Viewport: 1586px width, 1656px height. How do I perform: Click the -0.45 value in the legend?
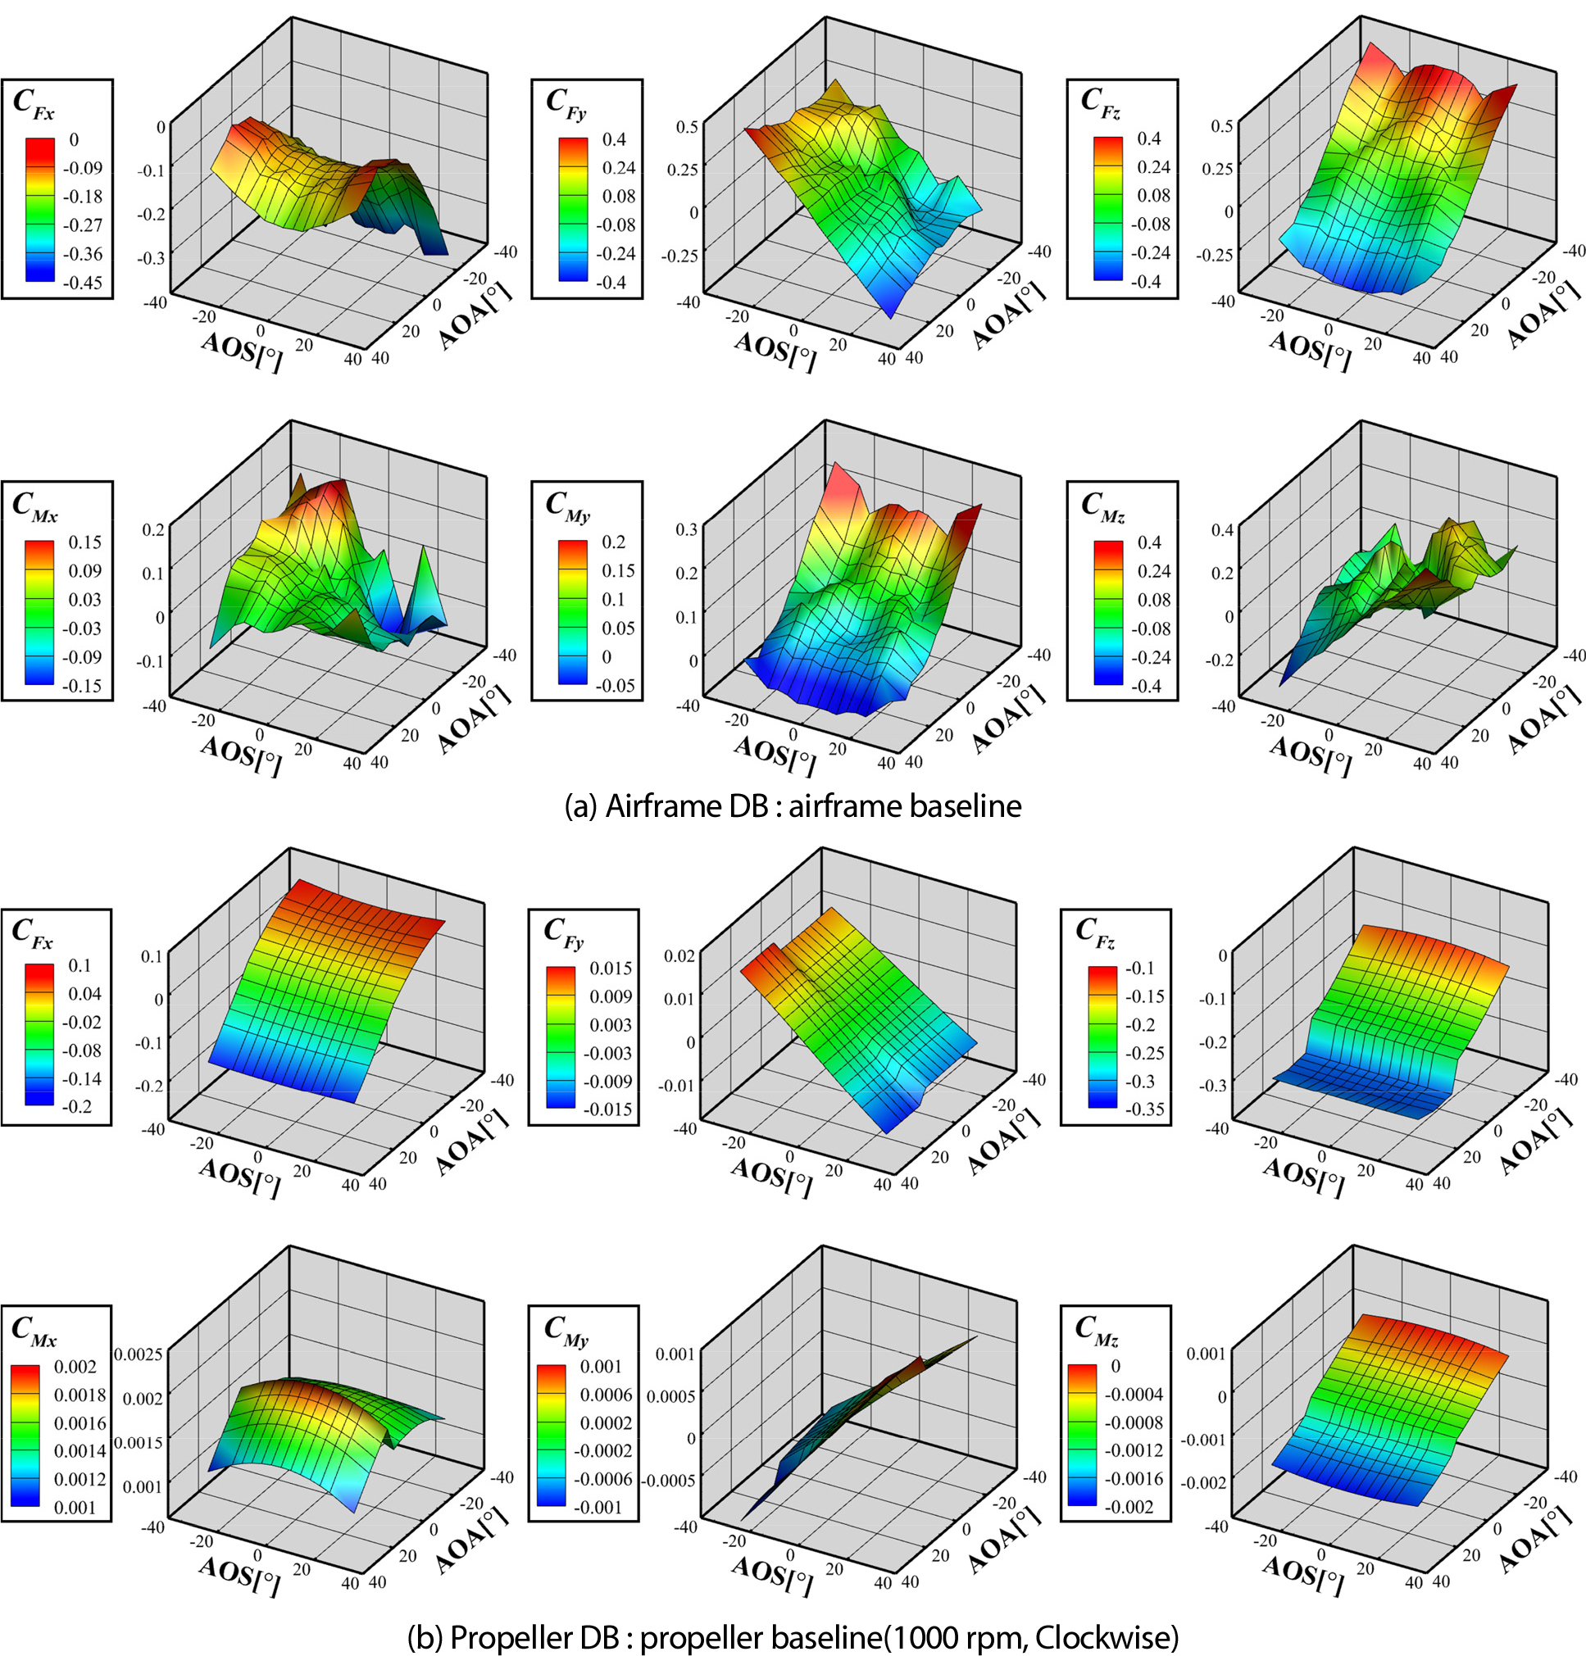pos(83,283)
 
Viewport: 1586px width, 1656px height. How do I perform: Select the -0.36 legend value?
pos(83,254)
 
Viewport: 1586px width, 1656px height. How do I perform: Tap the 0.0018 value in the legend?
pos(80,1395)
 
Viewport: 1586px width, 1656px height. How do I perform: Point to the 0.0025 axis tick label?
pos(139,1355)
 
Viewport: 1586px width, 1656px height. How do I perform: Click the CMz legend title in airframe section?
pos(1102,506)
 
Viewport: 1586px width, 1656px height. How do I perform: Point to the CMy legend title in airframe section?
pos(567,506)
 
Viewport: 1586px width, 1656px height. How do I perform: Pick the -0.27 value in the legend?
pos(83,225)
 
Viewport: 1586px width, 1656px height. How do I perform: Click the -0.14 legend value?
pos(81,1079)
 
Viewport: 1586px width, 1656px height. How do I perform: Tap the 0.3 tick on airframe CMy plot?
pos(687,529)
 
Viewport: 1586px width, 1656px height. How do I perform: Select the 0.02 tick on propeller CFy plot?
pos(680,955)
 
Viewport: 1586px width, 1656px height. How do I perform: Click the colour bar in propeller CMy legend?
pos(552,1436)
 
